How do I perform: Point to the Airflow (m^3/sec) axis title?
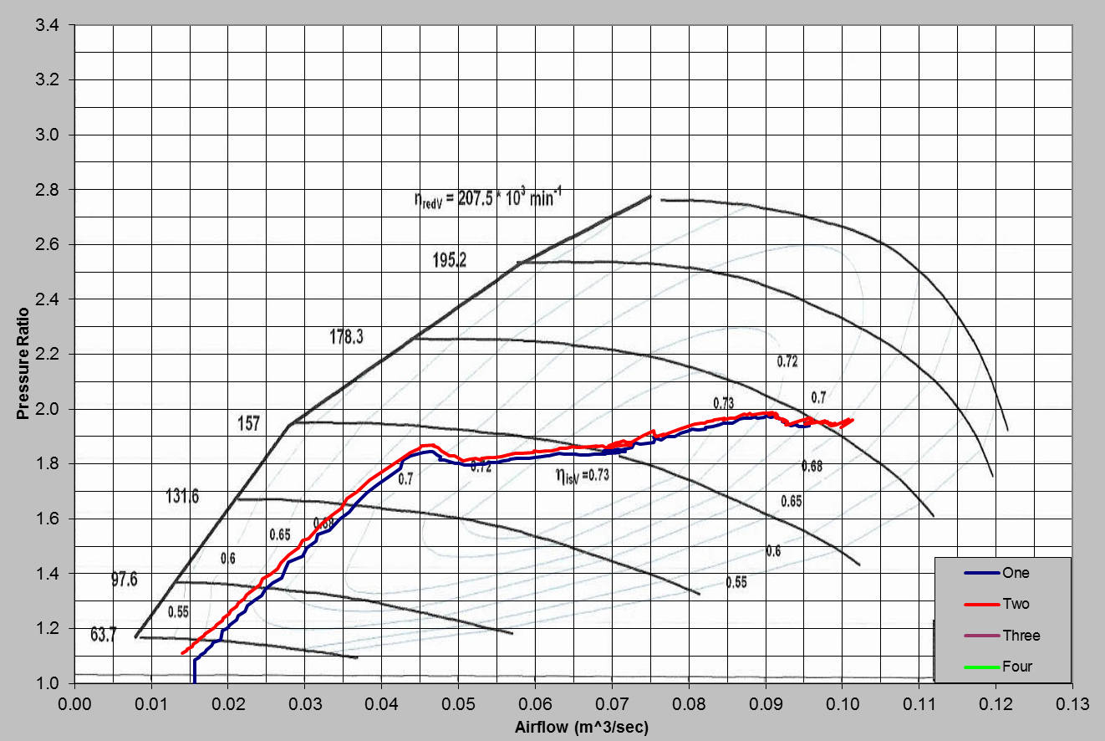pyautogui.click(x=581, y=727)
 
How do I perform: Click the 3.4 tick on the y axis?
pyautogui.click(x=47, y=25)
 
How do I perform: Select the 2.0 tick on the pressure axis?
pyautogui.click(x=47, y=409)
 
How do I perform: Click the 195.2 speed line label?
pyautogui.click(x=449, y=259)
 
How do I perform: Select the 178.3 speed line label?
pyautogui.click(x=346, y=337)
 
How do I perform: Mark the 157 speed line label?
pyautogui.click(x=249, y=424)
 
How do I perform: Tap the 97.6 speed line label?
pyautogui.click(x=125, y=580)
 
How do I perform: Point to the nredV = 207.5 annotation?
pyautogui.click(x=484, y=202)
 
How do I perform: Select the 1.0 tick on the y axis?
pyautogui.click(x=47, y=683)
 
